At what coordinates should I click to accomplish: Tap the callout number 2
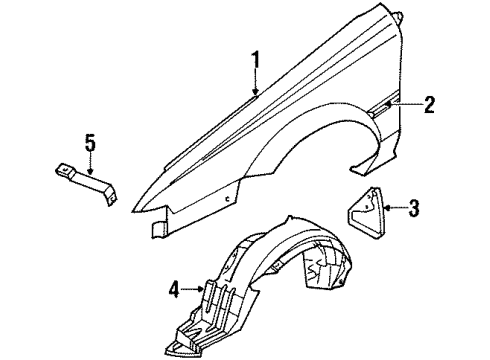click(429, 105)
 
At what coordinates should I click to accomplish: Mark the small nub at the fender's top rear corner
click(398, 14)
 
